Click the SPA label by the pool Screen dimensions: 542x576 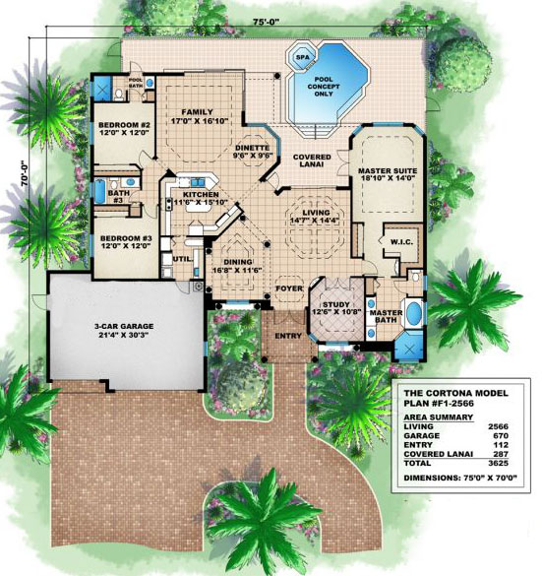(303, 57)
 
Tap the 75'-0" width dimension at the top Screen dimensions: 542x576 (267, 23)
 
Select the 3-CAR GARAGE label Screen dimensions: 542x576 (124, 326)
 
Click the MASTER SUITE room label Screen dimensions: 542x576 (388, 170)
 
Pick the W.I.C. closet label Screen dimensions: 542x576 (401, 242)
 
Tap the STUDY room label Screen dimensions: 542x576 (336, 304)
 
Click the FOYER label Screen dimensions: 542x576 (289, 288)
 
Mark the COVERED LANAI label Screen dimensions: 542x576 (312, 160)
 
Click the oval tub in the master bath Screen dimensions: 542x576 (413, 313)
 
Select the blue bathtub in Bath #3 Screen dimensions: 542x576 (99, 191)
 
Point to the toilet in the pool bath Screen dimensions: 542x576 (118, 95)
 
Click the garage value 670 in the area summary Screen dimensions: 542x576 (501, 435)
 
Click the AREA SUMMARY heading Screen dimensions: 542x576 (438, 417)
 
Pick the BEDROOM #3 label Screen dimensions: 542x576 (124, 238)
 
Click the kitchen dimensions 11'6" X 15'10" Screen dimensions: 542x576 (201, 202)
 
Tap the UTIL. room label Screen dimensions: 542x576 (183, 259)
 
